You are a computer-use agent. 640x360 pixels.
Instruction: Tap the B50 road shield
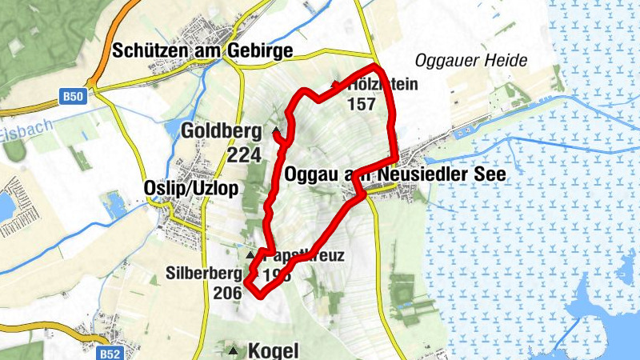(73, 97)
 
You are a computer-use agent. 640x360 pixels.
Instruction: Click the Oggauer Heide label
(471, 61)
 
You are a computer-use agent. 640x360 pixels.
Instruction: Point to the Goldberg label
(222, 130)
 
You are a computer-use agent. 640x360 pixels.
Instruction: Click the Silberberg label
(203, 272)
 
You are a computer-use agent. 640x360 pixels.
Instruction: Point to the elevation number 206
(227, 293)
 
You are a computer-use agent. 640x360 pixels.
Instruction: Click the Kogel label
(274, 350)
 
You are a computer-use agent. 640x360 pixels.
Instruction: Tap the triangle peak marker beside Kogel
(233, 350)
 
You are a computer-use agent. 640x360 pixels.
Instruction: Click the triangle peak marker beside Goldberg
(276, 130)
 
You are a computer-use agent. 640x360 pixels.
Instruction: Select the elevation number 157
(362, 103)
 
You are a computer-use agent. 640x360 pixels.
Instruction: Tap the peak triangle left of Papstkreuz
(250, 255)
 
